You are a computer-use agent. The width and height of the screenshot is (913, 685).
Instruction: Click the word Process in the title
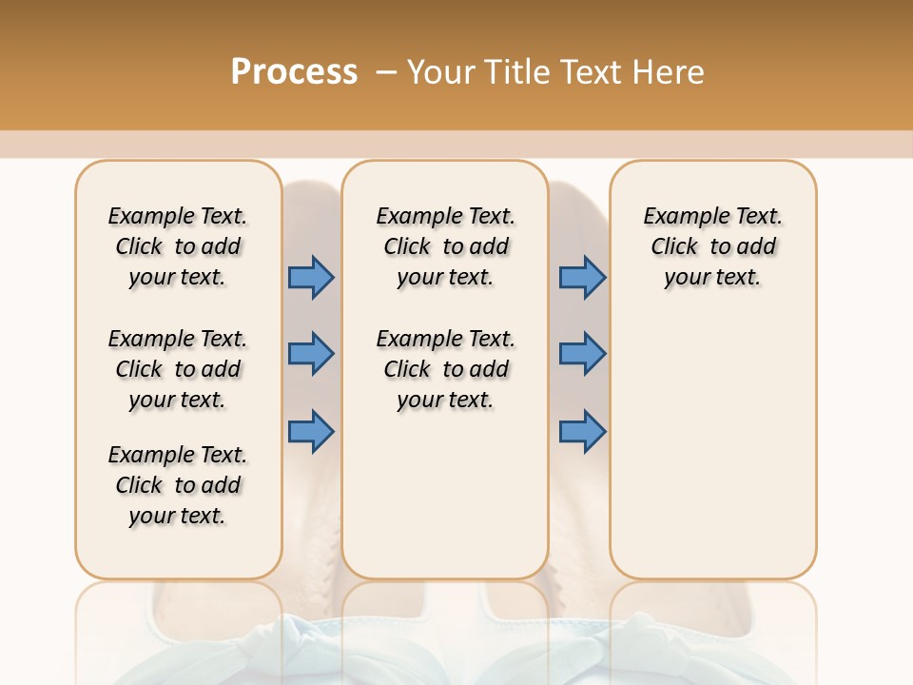(x=294, y=72)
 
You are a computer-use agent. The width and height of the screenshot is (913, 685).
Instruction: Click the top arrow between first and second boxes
(x=311, y=278)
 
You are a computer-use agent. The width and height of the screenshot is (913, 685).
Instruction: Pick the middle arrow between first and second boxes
(x=311, y=354)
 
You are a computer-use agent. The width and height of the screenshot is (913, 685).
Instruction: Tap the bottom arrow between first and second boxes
(x=311, y=432)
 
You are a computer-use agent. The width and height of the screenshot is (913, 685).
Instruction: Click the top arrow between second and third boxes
(x=582, y=278)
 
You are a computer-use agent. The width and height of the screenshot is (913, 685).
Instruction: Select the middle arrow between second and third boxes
(x=582, y=354)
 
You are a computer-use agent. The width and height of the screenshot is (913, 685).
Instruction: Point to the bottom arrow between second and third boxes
(x=582, y=432)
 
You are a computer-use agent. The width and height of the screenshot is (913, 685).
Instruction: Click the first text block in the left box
(x=178, y=246)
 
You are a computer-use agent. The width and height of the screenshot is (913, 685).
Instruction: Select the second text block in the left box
(x=178, y=369)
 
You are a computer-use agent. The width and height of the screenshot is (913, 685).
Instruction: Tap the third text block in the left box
(x=178, y=485)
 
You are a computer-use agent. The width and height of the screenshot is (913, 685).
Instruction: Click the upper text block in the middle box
(x=445, y=246)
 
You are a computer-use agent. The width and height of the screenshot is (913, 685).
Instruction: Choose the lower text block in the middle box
(x=445, y=369)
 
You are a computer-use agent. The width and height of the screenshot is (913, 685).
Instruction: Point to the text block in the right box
(x=712, y=246)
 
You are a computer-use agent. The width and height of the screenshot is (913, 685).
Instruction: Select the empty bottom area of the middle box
(x=445, y=504)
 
